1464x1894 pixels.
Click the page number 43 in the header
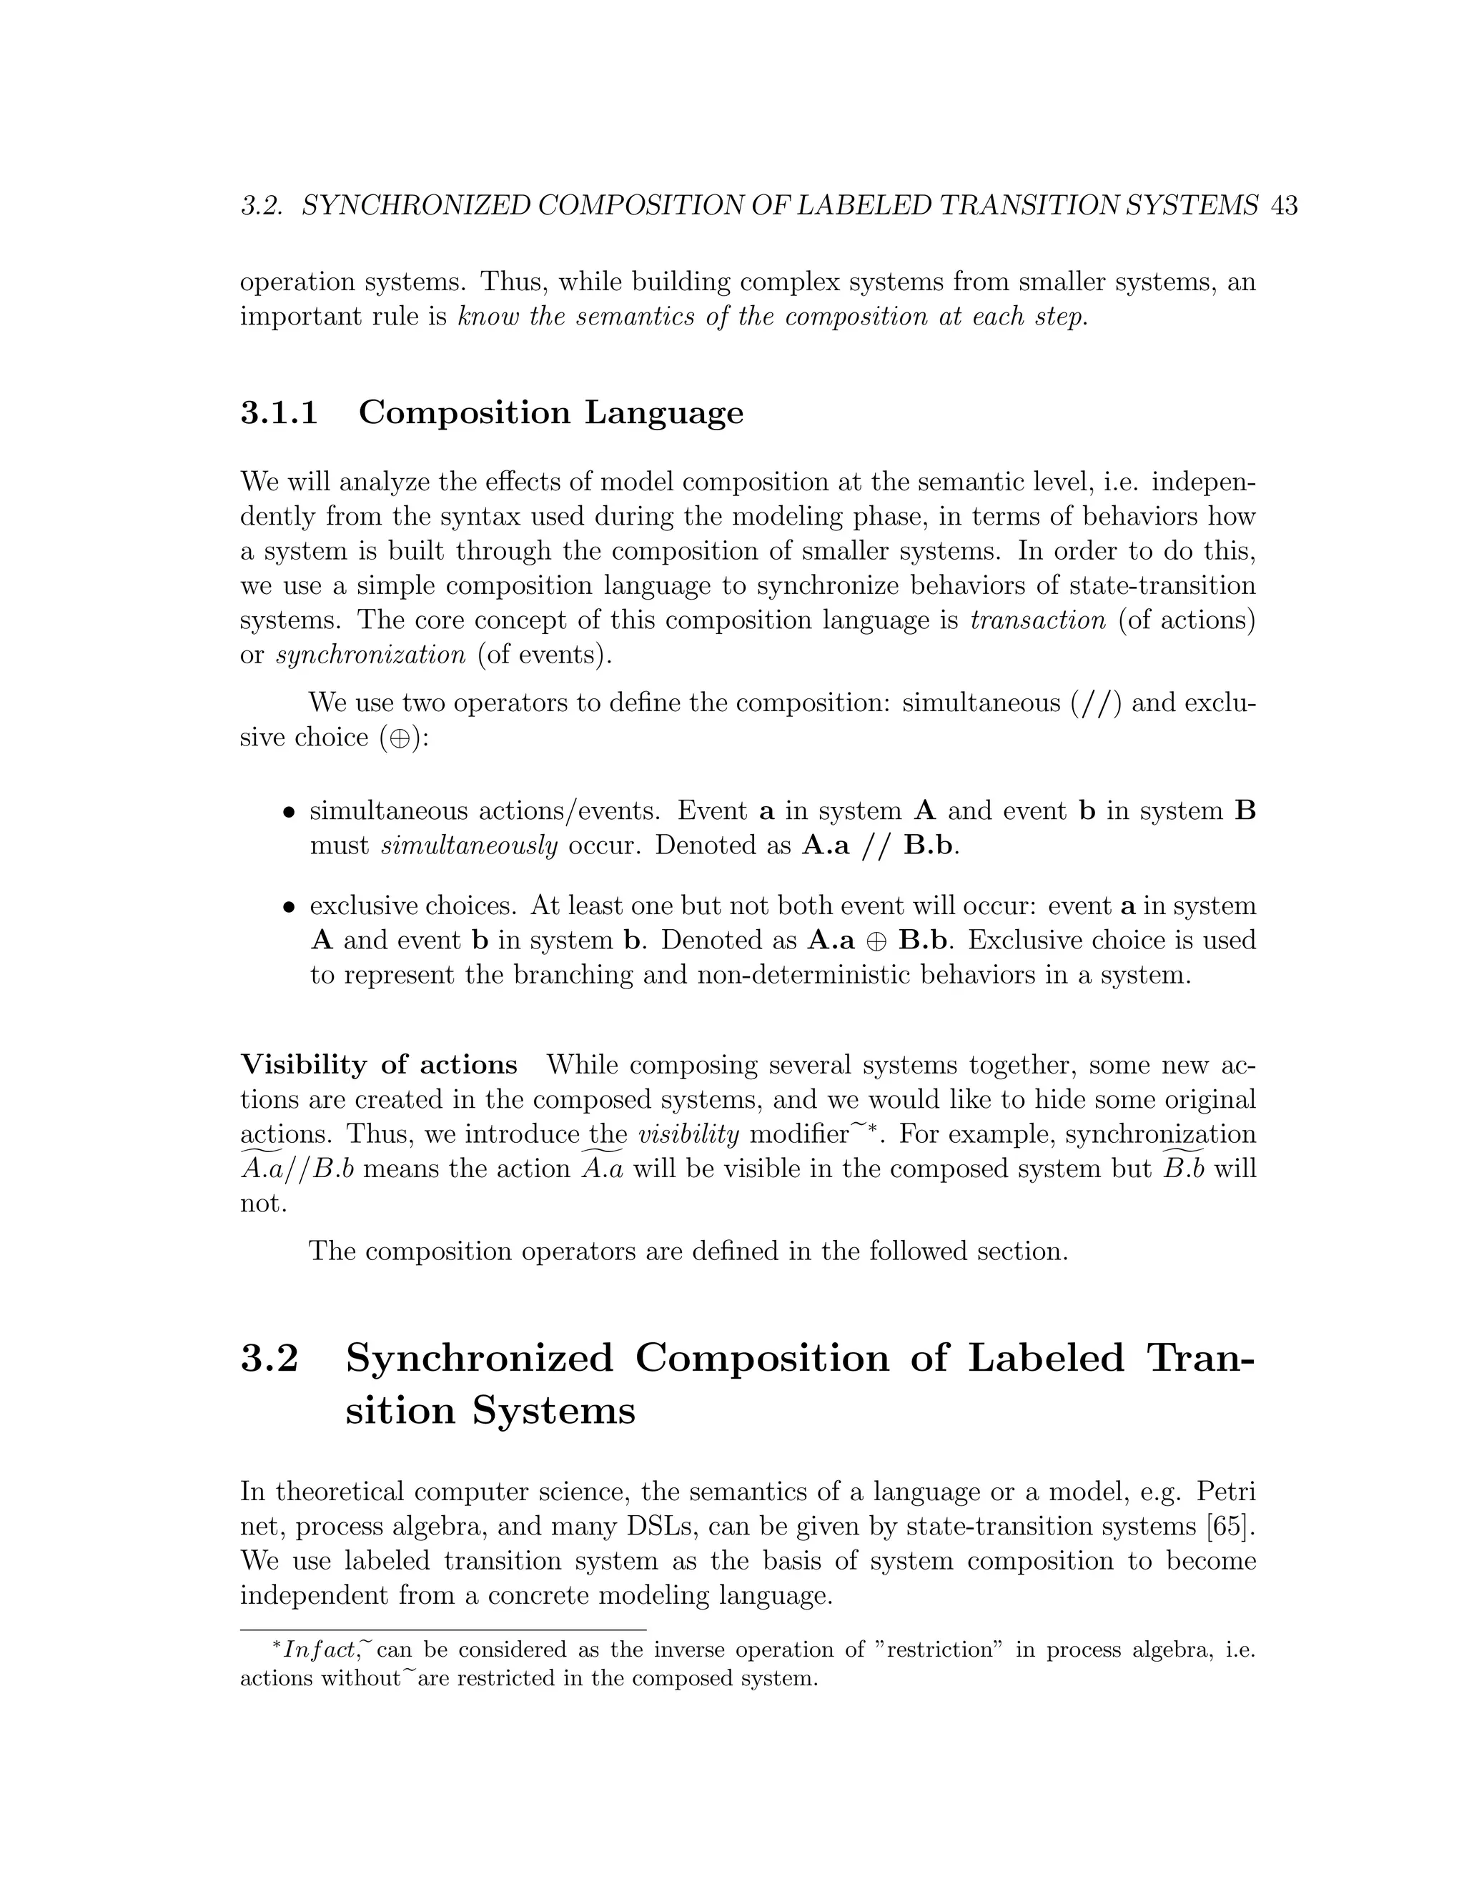(x=1282, y=207)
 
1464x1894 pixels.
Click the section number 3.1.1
(x=278, y=413)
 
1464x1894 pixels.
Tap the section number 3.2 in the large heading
(x=269, y=1358)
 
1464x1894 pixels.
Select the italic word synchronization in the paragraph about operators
(x=370, y=655)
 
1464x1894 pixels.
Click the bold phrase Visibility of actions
(x=379, y=1065)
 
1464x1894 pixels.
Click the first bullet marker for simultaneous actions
(x=290, y=813)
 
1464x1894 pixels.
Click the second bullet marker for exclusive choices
(x=290, y=908)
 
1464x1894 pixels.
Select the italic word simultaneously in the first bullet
(x=469, y=846)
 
